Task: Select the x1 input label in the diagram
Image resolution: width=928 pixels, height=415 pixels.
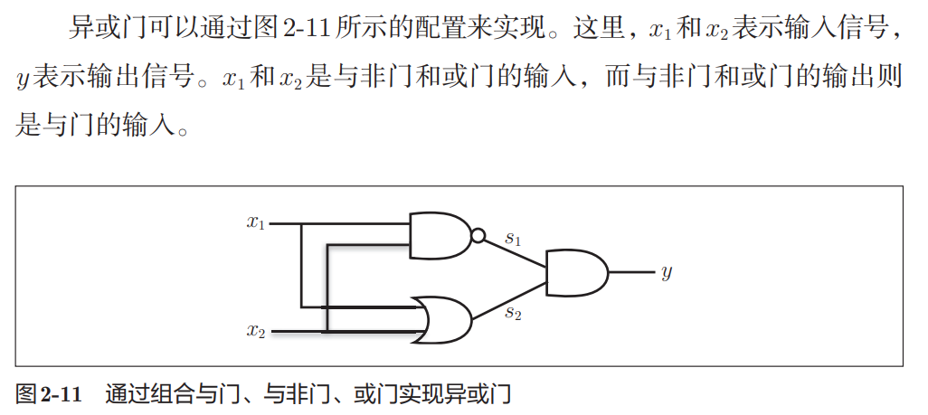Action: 256,222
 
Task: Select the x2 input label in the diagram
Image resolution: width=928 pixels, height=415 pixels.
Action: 256,330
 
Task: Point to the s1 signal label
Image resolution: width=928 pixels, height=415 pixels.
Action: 513,239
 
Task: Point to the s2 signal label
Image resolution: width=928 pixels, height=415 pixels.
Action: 513,313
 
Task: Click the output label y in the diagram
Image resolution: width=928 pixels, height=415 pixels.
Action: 667,271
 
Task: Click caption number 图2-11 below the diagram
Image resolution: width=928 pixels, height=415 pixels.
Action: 49,394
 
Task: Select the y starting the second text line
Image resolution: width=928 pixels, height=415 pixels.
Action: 24,80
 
